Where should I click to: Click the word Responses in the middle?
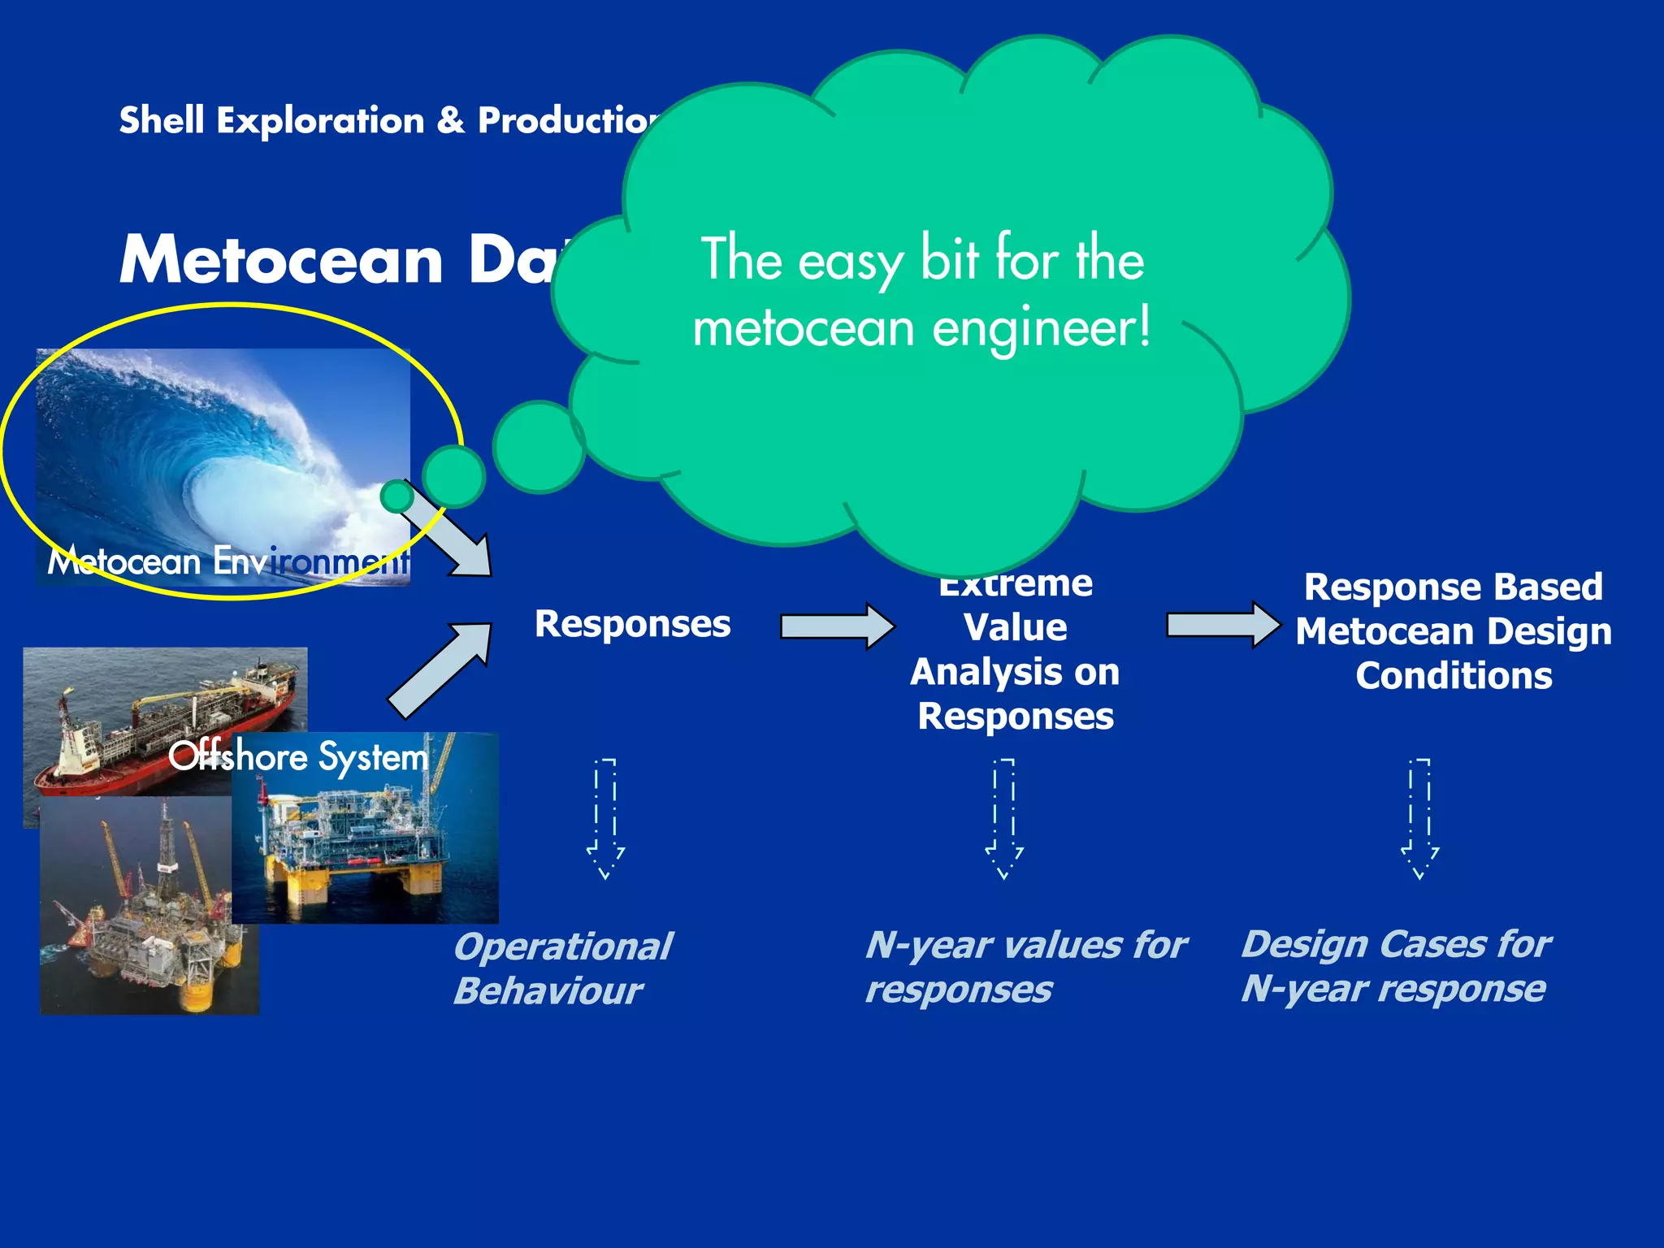tap(632, 625)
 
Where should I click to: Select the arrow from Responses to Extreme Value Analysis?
tap(837, 626)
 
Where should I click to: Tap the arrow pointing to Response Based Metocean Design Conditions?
tap(1223, 625)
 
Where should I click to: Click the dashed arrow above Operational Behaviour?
tap(606, 818)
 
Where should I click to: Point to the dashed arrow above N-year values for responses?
tap(1004, 818)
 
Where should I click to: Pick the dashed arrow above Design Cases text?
tap(1419, 818)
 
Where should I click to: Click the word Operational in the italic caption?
tap(563, 947)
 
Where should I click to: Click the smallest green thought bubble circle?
tap(397, 496)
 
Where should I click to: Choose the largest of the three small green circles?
tap(539, 447)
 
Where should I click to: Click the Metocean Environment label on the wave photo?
tap(227, 561)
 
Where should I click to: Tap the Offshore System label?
tap(298, 757)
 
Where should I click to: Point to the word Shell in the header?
tap(161, 120)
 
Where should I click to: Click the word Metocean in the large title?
tap(281, 260)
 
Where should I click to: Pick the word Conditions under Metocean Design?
tap(1454, 676)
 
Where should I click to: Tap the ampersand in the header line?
tap(450, 120)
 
